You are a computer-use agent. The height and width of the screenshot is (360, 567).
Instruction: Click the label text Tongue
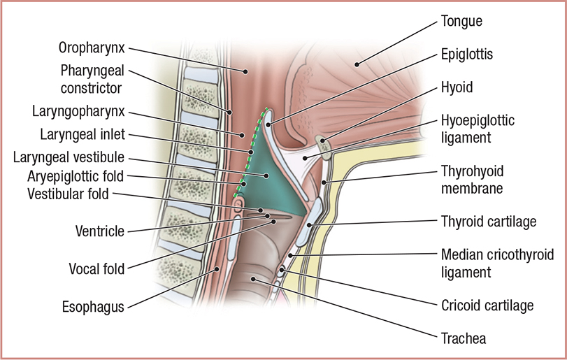tap(461, 22)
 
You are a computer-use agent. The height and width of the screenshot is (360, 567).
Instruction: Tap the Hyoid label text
tap(457, 87)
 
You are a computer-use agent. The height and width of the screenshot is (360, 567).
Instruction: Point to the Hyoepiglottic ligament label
tap(478, 129)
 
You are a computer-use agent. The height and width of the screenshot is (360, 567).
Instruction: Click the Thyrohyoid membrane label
tap(472, 179)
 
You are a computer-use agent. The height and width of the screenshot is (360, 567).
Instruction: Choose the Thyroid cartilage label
tap(488, 222)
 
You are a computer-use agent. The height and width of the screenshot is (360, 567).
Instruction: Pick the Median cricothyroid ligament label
tap(487, 261)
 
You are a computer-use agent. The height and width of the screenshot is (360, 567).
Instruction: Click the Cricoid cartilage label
tap(487, 305)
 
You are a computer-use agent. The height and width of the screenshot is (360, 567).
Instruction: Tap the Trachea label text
tap(464, 339)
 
